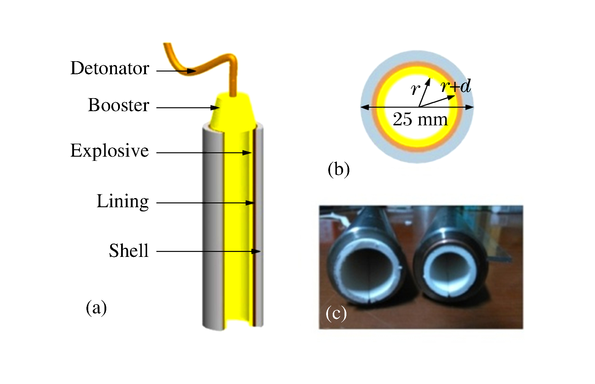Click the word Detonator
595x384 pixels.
pyautogui.click(x=110, y=68)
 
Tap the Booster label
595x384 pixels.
pyautogui.click(x=118, y=105)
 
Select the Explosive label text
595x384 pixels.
pyautogui.click(x=110, y=151)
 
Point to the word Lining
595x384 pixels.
pyautogui.click(x=123, y=201)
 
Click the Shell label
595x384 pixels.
pyautogui.click(x=129, y=251)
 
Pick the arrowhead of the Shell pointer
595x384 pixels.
pyautogui.click(x=256, y=251)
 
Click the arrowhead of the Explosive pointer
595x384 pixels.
pyautogui.click(x=247, y=153)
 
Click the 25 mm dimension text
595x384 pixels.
pyautogui.click(x=420, y=119)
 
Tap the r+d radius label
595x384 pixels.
pyautogui.click(x=456, y=86)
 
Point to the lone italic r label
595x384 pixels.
pyautogui.click(x=415, y=88)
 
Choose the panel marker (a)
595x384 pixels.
pyautogui.click(x=96, y=308)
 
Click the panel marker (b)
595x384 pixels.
pyautogui.click(x=339, y=170)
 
